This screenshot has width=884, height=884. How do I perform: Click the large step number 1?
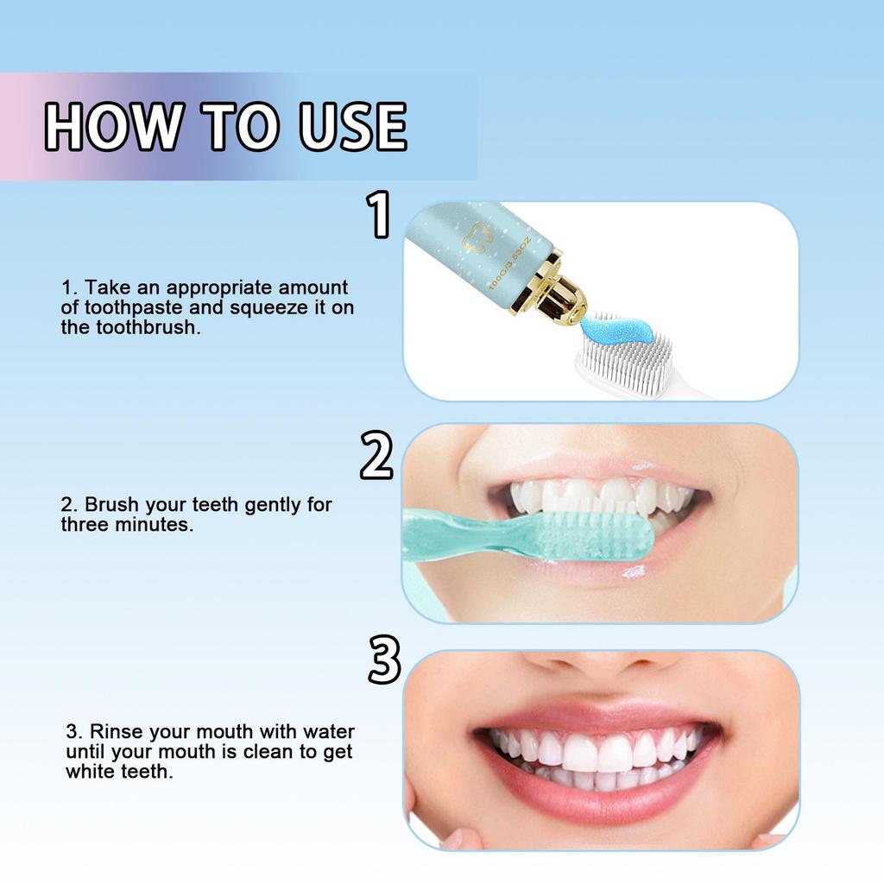[x=379, y=215]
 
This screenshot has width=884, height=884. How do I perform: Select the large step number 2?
[x=376, y=457]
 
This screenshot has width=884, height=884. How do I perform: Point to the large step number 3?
[x=383, y=660]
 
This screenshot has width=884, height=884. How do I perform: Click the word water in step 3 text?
[x=328, y=732]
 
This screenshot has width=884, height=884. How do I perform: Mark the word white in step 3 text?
[x=90, y=772]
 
